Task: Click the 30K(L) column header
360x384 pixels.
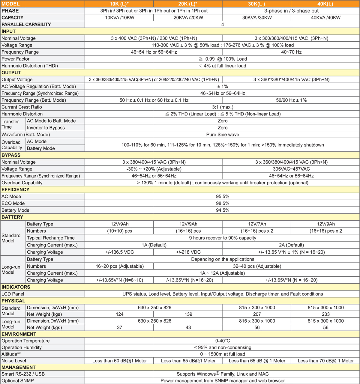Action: click(256, 4)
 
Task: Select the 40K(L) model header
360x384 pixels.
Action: click(325, 4)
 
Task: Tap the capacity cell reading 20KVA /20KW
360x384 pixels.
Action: click(188, 18)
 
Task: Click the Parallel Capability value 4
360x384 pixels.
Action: click(222, 25)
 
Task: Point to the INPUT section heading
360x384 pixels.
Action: click(9, 31)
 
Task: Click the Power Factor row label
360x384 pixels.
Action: click(16, 59)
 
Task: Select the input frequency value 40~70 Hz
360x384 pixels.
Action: click(291, 52)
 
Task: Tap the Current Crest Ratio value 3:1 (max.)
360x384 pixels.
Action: click(222, 107)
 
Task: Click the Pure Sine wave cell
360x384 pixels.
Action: click(222, 135)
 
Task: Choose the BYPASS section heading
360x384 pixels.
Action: click(11, 155)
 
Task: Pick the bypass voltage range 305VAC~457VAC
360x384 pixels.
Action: click(291, 169)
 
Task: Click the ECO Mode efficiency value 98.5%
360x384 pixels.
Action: click(222, 203)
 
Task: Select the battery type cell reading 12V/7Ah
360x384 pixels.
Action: click(257, 224)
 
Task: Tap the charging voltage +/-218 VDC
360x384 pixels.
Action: click(188, 252)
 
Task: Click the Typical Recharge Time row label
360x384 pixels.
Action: click(51, 238)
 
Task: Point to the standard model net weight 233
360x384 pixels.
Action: click(325, 314)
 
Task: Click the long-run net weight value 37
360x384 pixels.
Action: click(119, 327)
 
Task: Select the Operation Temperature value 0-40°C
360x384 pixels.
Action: click(222, 341)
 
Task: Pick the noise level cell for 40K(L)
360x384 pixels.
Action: click(325, 361)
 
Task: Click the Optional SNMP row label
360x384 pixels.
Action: click(18, 381)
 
